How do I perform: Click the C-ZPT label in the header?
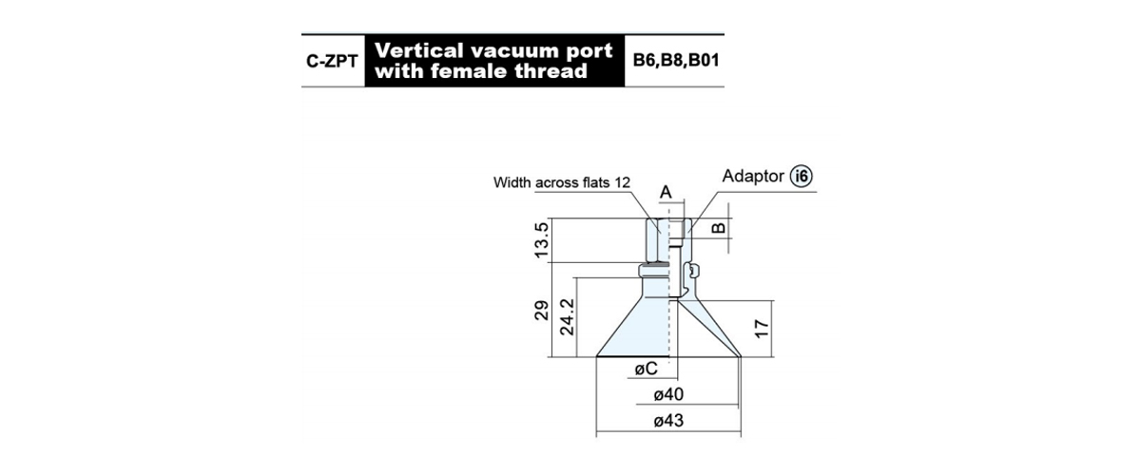pos(332,61)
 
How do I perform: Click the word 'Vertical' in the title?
pos(419,50)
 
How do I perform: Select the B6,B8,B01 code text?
pos(676,60)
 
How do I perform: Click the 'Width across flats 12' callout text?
pos(562,182)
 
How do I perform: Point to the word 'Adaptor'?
pos(753,176)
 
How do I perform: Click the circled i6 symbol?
pos(802,176)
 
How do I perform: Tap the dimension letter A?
pos(666,193)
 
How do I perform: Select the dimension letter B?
pos(718,227)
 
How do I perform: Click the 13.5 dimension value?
pos(542,239)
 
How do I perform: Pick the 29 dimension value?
pos(542,310)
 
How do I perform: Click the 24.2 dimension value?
pos(567,316)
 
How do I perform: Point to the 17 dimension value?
pos(761,329)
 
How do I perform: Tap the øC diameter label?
pos(647,368)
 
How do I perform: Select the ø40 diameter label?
pos(668,394)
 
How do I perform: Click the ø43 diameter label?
pos(668,421)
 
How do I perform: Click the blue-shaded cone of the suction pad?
pos(637,331)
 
